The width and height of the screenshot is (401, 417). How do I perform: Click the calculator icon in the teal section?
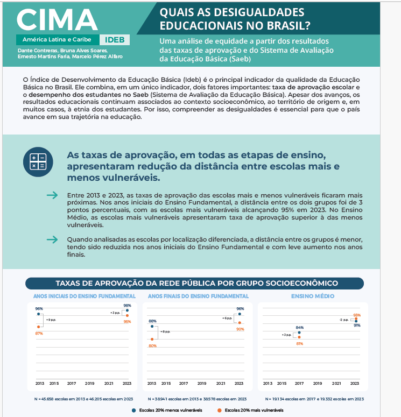pos(38,161)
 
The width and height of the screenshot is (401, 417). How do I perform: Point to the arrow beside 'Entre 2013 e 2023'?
pos(52,195)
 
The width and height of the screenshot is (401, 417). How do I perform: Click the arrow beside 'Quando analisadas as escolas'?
pos(52,239)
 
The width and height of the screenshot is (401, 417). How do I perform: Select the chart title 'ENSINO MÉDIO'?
pos(313,296)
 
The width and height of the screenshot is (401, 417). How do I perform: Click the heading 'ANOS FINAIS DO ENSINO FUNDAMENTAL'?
pos(198,296)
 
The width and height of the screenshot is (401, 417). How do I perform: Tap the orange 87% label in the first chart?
pos(39,334)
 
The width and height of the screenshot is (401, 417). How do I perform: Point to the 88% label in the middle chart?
pos(152,321)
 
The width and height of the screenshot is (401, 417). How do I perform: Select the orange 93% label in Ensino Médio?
pos(356,315)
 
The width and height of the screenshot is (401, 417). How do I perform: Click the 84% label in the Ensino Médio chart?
pos(299,327)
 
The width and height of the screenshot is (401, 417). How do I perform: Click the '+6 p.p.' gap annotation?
pos(227,318)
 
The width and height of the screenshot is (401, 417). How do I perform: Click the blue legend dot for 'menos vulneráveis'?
pos(133,410)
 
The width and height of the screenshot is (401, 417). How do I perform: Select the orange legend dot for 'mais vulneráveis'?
pos(220,410)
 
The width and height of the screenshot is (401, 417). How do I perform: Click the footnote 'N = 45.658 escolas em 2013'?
pos(81,399)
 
